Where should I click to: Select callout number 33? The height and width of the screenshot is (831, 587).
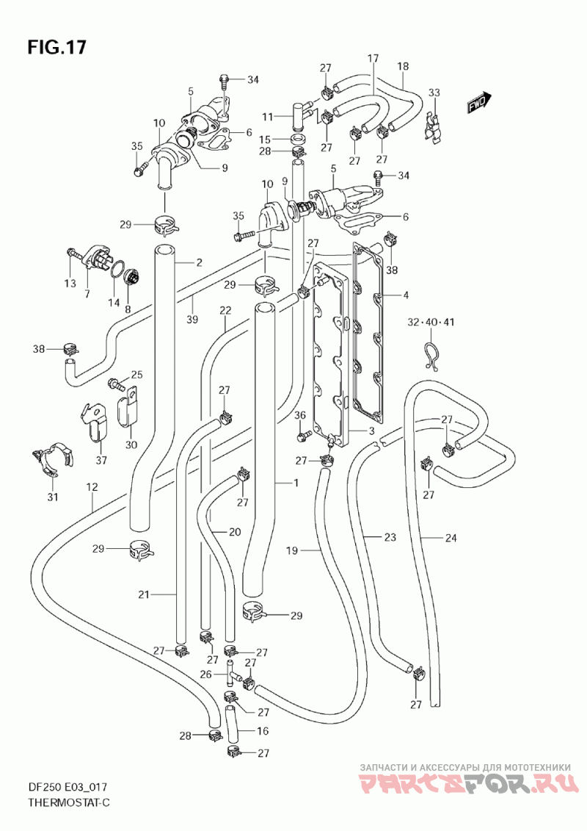(434, 93)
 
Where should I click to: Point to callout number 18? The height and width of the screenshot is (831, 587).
(403, 67)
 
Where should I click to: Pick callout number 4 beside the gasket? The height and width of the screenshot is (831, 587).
(405, 296)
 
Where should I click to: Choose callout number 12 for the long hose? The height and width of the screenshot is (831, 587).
(92, 486)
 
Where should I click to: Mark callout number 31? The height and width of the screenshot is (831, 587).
(52, 497)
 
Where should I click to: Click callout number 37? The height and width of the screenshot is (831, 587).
(101, 461)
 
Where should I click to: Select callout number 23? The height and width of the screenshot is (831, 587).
(390, 538)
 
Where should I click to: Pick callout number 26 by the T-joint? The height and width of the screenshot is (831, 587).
(206, 674)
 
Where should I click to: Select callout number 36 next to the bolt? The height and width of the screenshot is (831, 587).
(300, 416)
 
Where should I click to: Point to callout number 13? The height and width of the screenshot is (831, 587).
(70, 284)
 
